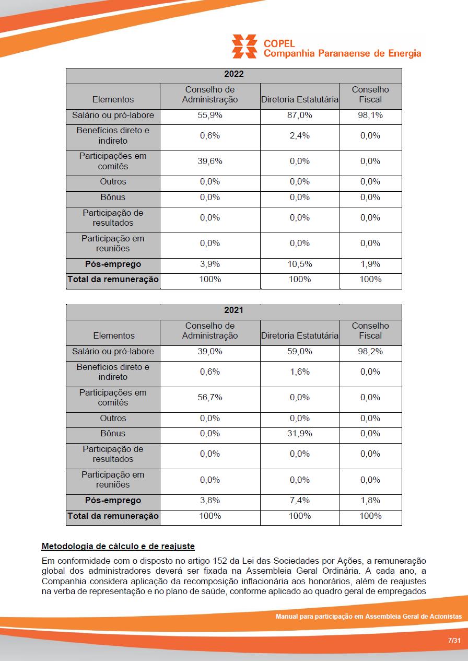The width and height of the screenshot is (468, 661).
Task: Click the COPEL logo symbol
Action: pos(244,46)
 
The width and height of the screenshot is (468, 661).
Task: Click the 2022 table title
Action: pos(233,74)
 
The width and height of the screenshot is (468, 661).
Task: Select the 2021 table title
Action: pos(233,310)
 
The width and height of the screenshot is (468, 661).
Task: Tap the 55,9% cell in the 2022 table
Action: pos(210,115)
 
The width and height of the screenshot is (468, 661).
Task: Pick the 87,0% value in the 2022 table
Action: pos(300,115)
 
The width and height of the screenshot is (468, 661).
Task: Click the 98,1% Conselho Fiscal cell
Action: pos(370,115)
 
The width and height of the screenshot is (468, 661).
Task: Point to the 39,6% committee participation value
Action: pos(210,161)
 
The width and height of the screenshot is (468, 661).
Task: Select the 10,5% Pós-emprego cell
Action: pos(300,264)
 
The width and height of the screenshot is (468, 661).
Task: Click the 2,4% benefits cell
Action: pos(300,136)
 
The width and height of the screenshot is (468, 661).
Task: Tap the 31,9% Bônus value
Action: pos(300,434)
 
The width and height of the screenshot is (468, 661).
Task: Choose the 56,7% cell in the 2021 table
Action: pos(210,398)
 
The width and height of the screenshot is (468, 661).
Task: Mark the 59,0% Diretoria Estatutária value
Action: pos(300,352)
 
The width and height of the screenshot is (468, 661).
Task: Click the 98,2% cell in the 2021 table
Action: pos(370,352)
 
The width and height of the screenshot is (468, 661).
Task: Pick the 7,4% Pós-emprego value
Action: pos(300,501)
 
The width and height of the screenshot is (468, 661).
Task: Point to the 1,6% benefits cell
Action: pos(300,372)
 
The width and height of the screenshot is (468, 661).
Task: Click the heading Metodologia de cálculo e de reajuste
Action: pos(118,547)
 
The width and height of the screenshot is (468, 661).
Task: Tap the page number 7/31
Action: pos(454,641)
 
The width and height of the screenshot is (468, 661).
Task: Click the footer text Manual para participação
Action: pos(368,617)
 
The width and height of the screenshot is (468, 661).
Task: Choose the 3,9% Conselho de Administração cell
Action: pos(210,264)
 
